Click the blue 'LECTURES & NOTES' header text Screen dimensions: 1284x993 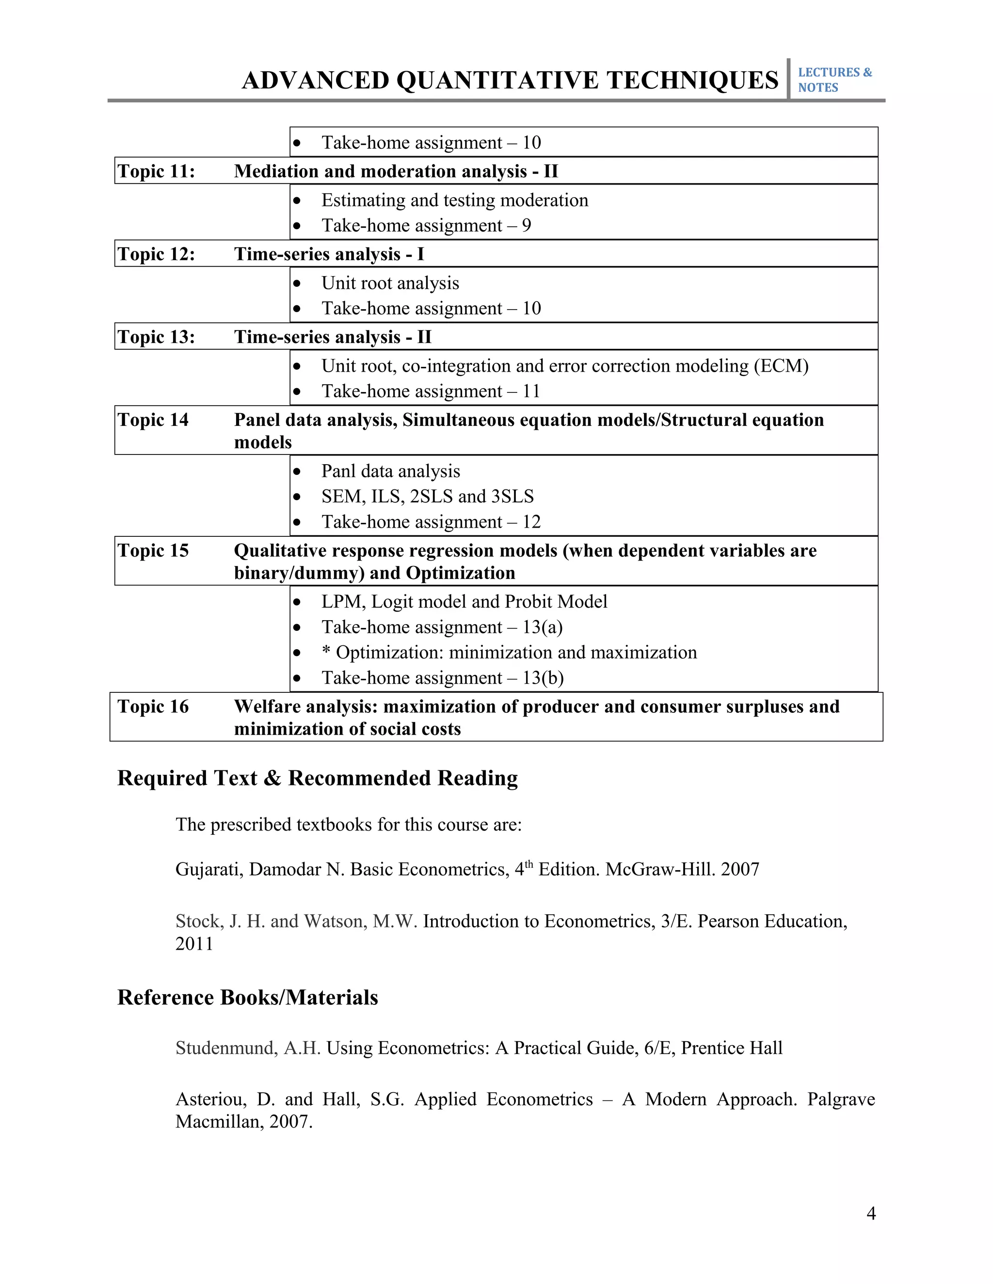(x=834, y=79)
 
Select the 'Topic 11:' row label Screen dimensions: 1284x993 (x=156, y=171)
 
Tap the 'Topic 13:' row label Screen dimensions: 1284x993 (x=156, y=337)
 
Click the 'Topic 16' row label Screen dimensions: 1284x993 (x=153, y=706)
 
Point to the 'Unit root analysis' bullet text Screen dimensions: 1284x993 (x=390, y=283)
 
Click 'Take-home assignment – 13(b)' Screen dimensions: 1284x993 (x=442, y=678)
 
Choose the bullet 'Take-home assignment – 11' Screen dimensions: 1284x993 (x=431, y=391)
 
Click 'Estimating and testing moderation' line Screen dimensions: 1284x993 (x=455, y=200)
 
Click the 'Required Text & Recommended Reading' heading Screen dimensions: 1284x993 (x=317, y=778)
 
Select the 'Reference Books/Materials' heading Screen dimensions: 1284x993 (x=248, y=997)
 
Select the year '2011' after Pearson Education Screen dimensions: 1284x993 (x=194, y=943)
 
